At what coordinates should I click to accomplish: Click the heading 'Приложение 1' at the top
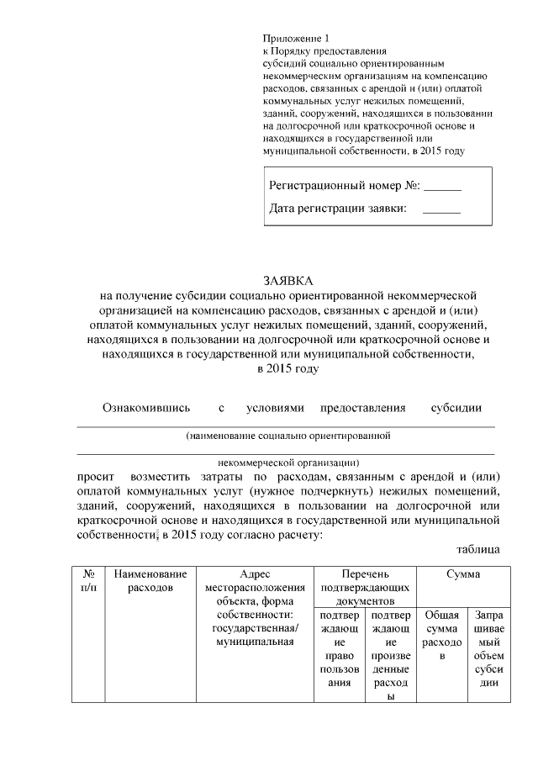(292, 39)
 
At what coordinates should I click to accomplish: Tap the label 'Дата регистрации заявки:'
(338, 209)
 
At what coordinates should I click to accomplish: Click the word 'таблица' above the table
(478, 549)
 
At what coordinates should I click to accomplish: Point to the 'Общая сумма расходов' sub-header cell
(441, 635)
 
